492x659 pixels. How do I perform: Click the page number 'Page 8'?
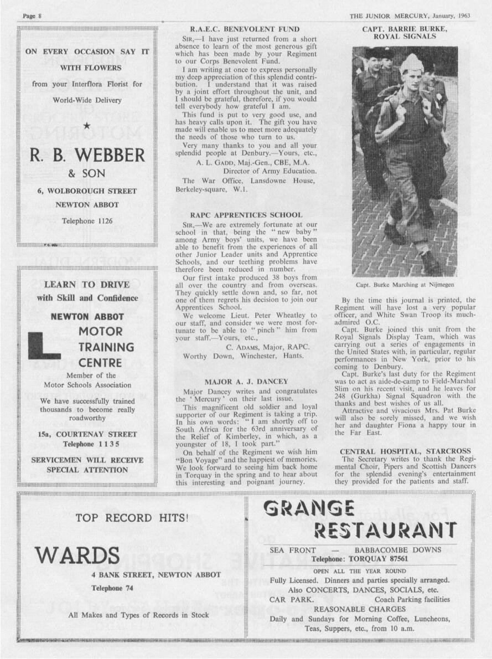click(x=33, y=16)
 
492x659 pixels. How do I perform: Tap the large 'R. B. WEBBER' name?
click(x=87, y=155)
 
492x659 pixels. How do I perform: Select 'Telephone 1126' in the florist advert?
click(x=87, y=221)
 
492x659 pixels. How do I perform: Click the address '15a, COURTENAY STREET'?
click(x=87, y=434)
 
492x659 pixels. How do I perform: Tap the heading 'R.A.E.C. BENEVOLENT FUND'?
click(x=245, y=29)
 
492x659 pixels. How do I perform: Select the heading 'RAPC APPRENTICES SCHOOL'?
click(x=246, y=214)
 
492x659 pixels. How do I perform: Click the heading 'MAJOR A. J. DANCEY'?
click(x=246, y=382)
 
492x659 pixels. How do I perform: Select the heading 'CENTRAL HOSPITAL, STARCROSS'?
click(x=405, y=451)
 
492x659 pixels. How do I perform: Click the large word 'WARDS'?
click(x=77, y=554)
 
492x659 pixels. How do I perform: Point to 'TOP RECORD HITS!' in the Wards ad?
click(x=132, y=518)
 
